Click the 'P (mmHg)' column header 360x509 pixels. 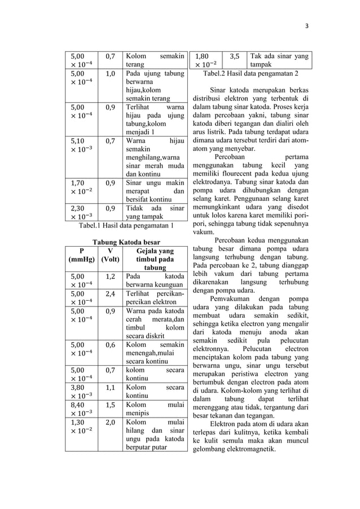81,255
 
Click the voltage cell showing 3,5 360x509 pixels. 235,56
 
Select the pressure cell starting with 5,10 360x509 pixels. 81,144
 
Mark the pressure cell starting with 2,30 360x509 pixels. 81,211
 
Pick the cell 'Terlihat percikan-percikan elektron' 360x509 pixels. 155,298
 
